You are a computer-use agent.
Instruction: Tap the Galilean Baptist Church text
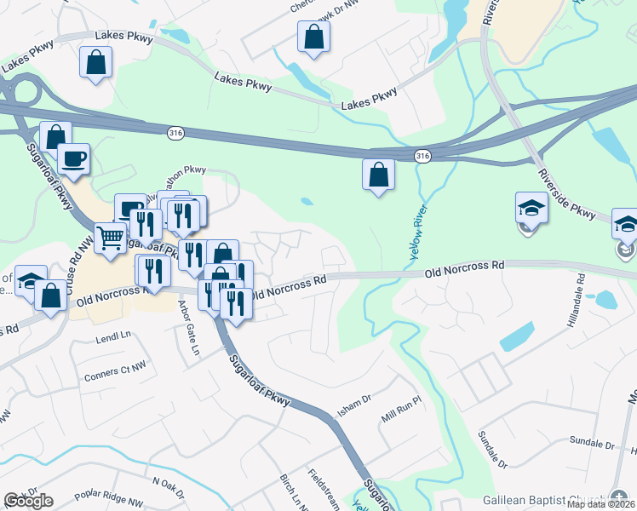point(542,500)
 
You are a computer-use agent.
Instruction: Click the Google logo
point(28,501)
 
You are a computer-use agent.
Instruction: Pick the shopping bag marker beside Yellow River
point(378,175)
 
